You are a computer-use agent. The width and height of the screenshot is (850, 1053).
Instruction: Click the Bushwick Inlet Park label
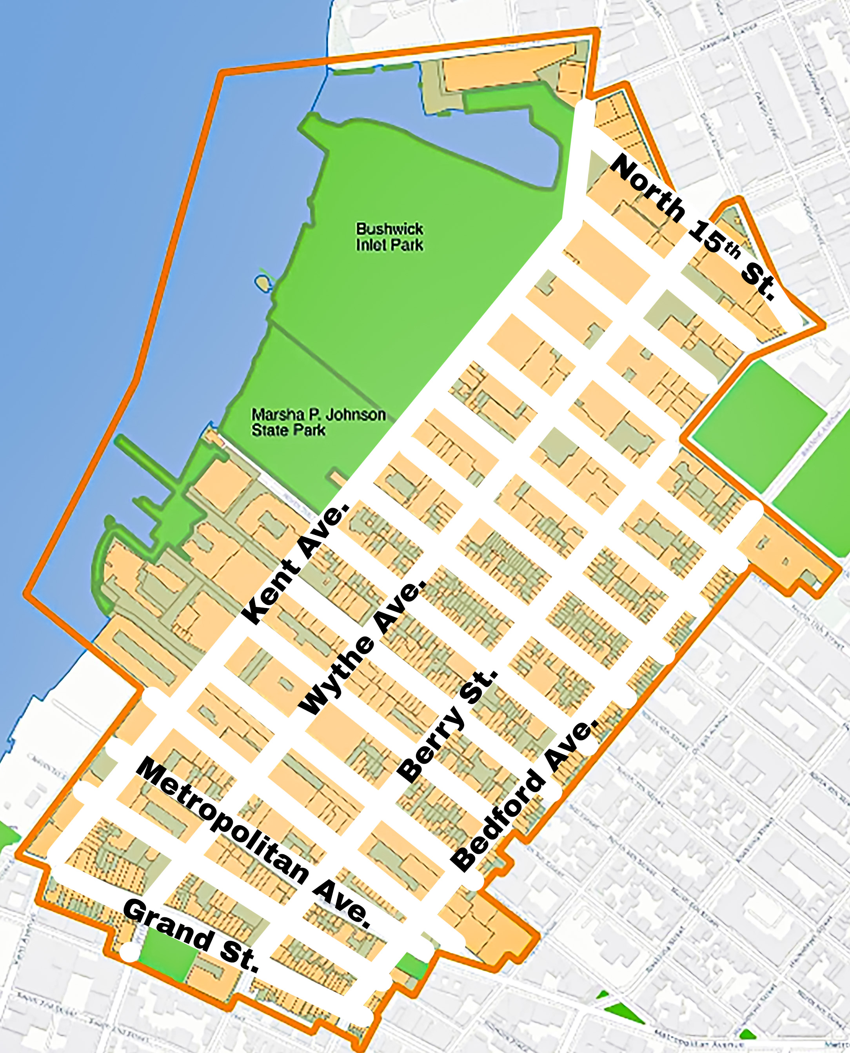(x=389, y=237)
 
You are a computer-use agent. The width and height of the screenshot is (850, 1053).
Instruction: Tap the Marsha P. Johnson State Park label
(x=318, y=422)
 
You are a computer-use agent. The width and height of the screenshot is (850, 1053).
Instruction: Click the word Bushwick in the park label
(x=389, y=229)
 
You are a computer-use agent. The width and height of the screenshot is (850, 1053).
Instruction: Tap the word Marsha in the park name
(x=272, y=415)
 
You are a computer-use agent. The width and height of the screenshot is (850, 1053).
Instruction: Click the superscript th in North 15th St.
(x=732, y=250)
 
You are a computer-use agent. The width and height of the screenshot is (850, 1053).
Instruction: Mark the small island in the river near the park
(x=262, y=283)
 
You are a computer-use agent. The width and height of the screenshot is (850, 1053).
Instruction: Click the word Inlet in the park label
(x=372, y=245)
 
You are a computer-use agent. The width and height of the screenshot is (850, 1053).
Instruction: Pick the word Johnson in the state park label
(x=355, y=415)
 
